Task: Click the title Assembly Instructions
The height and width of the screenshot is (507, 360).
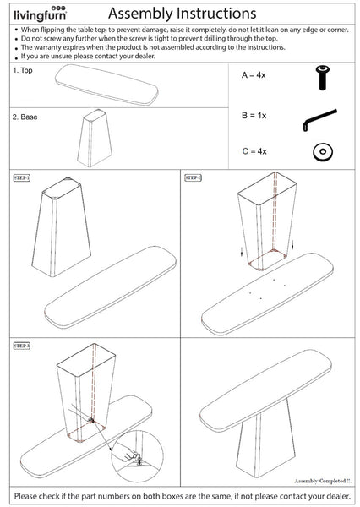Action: [x=183, y=14]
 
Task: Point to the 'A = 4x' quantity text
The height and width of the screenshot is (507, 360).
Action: [x=254, y=75]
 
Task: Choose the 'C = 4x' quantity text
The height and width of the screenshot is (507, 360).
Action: [x=254, y=151]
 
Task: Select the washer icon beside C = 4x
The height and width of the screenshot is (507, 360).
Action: [x=320, y=152]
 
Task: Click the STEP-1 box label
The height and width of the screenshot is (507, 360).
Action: [x=21, y=178]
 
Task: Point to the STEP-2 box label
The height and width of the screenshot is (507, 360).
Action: [x=194, y=178]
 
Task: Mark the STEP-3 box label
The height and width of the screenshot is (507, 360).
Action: [x=21, y=346]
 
